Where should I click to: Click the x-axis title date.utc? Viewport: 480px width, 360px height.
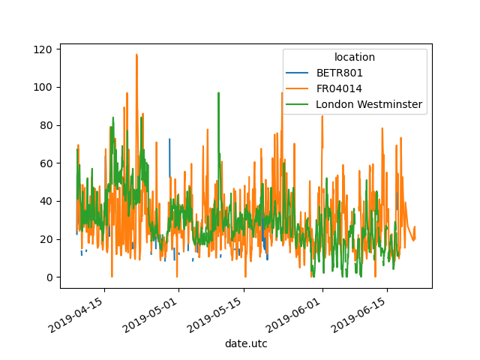246,343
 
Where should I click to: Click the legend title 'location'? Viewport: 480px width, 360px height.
355,57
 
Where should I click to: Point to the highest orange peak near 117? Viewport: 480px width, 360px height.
136,55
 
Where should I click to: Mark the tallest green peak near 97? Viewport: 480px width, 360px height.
218,93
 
